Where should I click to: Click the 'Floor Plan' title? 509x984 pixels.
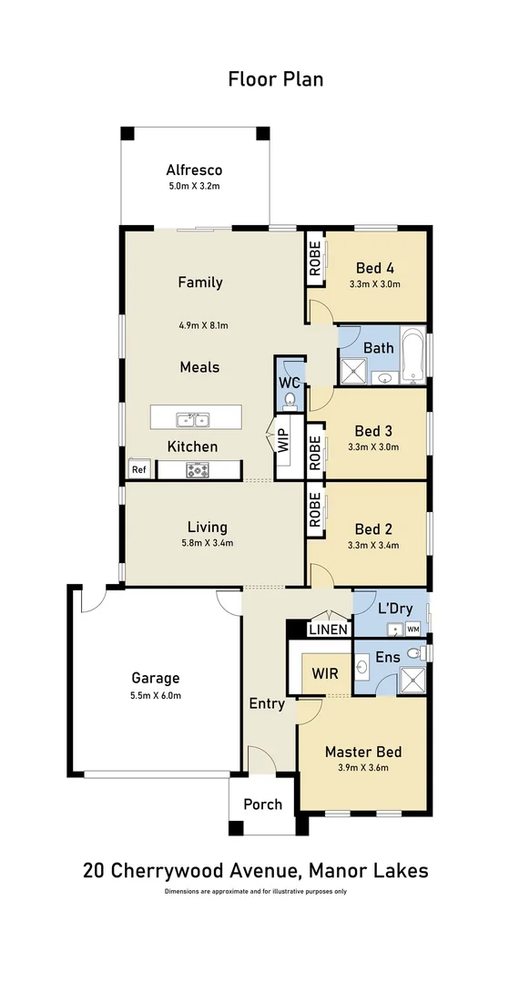(275, 79)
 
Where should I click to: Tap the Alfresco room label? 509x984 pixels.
(194, 170)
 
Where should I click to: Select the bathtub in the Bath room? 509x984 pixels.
(414, 354)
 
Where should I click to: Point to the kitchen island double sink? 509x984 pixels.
(194, 419)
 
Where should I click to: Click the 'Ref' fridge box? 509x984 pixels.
(138, 470)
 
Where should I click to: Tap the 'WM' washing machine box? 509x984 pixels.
(412, 629)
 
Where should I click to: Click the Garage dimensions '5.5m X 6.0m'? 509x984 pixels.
(156, 695)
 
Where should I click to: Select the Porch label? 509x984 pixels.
(262, 805)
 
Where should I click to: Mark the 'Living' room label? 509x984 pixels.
(207, 527)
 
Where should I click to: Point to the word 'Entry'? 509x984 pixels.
(267, 703)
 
